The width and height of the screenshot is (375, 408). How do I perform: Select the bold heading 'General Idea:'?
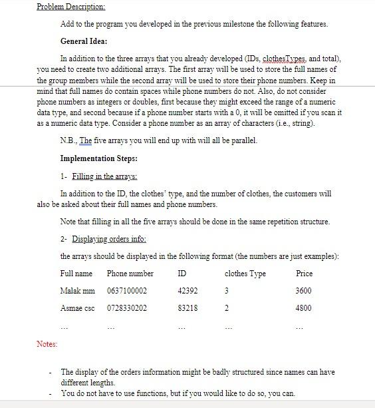(85, 41)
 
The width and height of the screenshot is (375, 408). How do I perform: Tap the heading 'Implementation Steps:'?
(99, 158)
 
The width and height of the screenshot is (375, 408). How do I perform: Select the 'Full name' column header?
(76, 274)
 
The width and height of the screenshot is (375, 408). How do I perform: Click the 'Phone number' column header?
(130, 274)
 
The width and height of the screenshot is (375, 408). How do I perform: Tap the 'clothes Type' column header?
(245, 274)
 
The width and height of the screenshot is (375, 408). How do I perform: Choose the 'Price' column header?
(304, 274)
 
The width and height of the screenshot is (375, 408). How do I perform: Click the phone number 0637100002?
(127, 291)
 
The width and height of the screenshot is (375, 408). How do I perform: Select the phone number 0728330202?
(127, 308)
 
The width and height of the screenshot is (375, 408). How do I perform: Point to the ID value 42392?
(187, 291)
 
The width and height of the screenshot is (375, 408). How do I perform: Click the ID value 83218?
(187, 308)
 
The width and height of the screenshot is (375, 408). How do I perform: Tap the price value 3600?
(303, 291)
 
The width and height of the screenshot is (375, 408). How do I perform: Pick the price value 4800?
(303, 308)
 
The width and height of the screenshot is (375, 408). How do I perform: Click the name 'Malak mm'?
(77, 291)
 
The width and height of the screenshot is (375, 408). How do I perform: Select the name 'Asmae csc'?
(77, 308)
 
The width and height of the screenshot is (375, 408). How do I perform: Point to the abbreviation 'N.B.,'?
(68, 140)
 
